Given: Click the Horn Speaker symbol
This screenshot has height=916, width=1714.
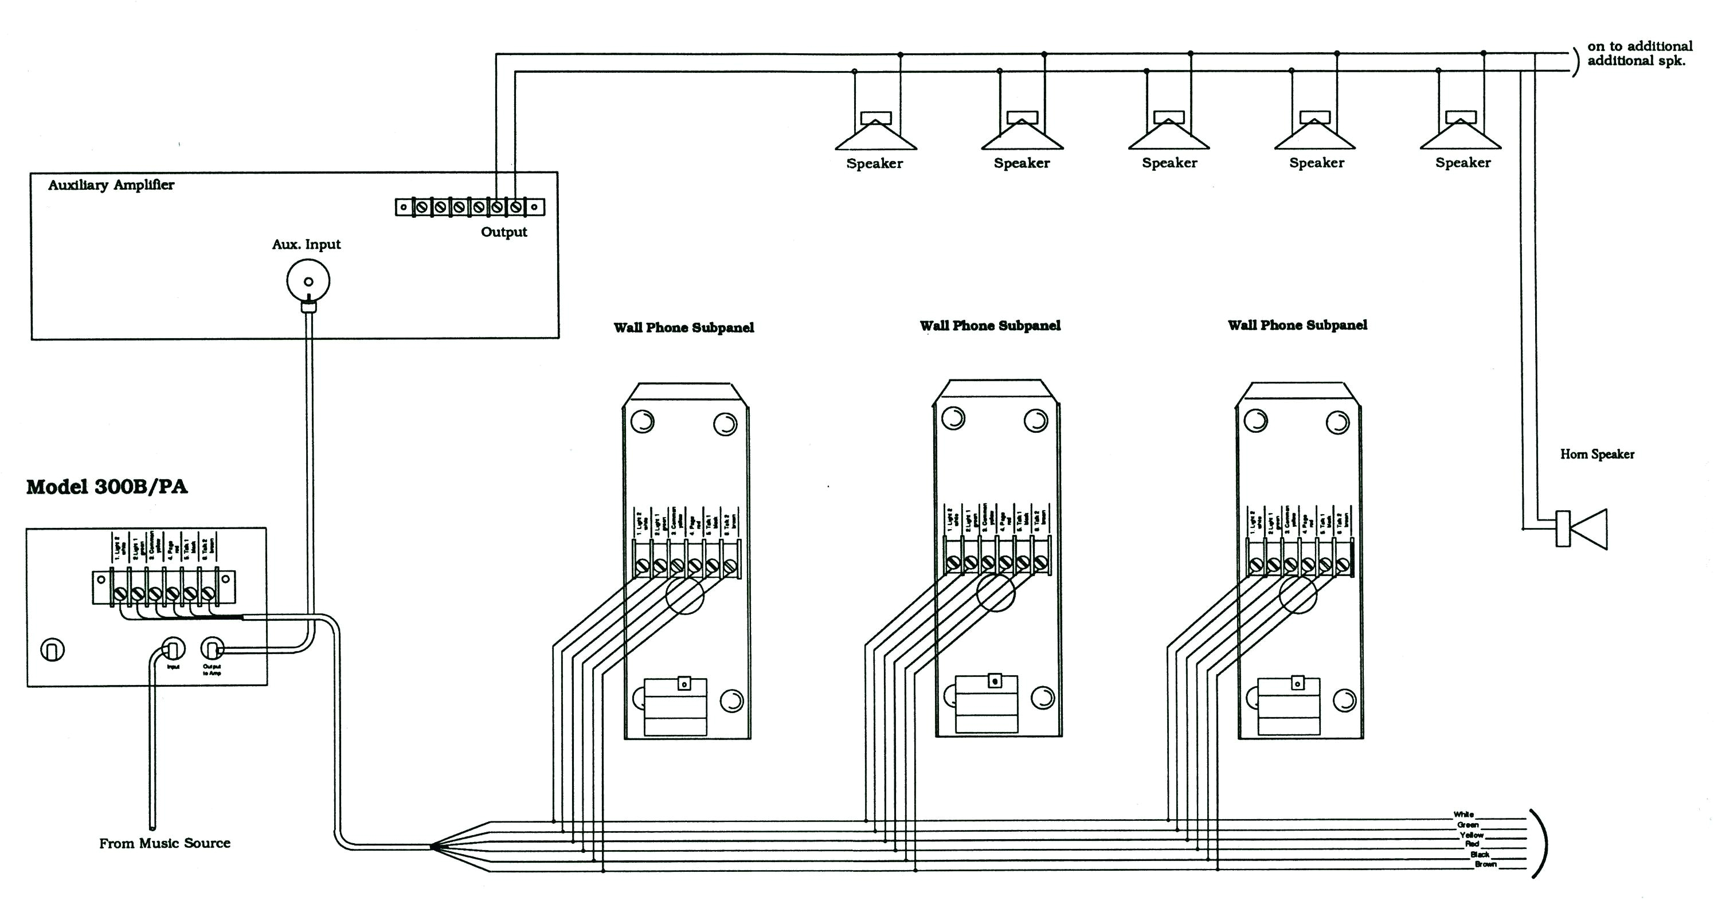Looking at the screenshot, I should pos(1583,529).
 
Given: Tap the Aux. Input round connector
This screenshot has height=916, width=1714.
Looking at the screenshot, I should pos(308,281).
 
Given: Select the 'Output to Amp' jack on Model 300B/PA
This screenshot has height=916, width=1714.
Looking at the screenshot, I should pos(212,648).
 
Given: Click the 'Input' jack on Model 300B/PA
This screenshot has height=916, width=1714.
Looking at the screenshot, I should pos(173,648).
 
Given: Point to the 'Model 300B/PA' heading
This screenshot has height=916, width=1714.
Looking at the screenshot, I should pos(107,487).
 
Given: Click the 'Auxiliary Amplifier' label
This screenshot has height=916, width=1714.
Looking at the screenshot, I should pos(111,185).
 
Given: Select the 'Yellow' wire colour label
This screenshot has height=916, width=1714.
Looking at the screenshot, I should pos(1471,835).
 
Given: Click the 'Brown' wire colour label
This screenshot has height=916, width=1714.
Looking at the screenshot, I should pos(1485,864).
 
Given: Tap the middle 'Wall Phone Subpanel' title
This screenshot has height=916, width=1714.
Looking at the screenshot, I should pos(990,326).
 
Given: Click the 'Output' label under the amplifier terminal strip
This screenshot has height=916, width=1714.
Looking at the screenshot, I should pos(504,232).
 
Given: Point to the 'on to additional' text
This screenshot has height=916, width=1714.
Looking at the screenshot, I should pos(1639,46).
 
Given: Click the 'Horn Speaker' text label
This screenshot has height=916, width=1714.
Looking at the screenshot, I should pos(1597,455).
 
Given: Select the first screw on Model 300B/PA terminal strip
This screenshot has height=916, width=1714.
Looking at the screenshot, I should pos(120,593).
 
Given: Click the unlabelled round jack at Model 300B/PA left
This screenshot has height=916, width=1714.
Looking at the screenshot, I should pos(53,649).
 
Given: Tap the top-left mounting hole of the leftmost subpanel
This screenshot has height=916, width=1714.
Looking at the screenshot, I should pos(642,421).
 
